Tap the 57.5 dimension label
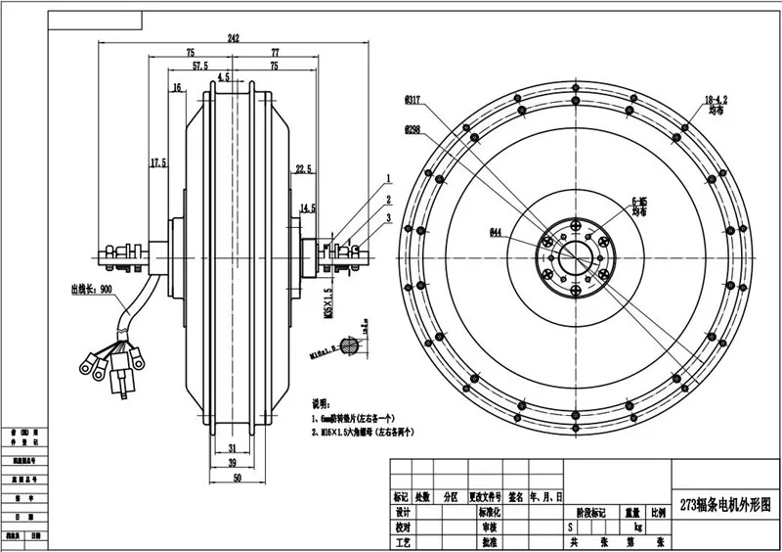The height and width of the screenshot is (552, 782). pos(199,67)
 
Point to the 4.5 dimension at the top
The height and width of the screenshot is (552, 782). pos(225,76)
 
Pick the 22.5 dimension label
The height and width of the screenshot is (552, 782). pos(303,168)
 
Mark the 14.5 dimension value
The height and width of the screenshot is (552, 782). pos(308,207)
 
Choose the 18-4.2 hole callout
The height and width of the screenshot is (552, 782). pos(718,100)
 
